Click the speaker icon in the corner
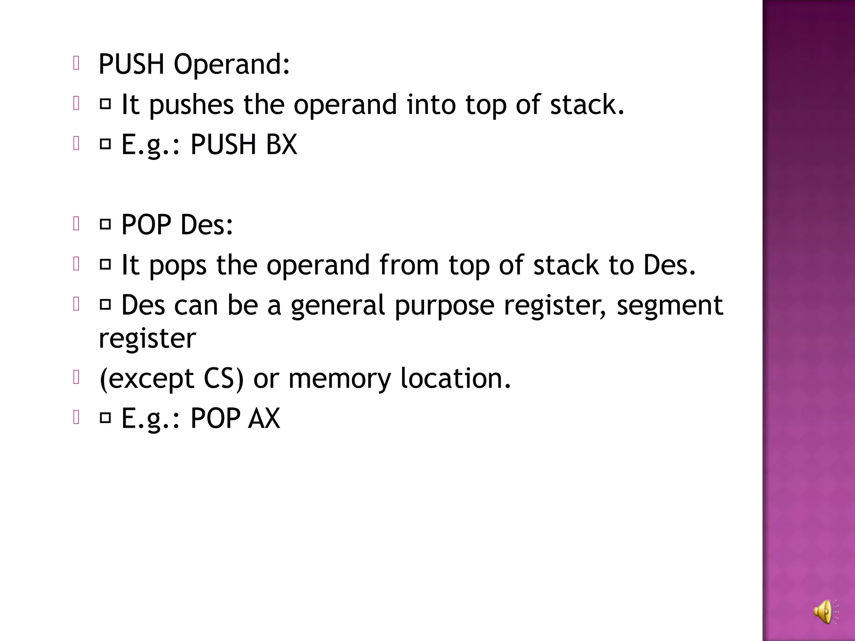[x=825, y=612]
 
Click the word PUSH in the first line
[x=131, y=65]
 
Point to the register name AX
[x=264, y=418]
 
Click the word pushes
[x=191, y=105]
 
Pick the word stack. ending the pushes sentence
[x=587, y=104]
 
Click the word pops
[x=177, y=266]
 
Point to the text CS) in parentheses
[x=223, y=379]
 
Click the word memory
[x=339, y=379]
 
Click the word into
[x=431, y=104]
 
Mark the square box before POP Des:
[x=106, y=225]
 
